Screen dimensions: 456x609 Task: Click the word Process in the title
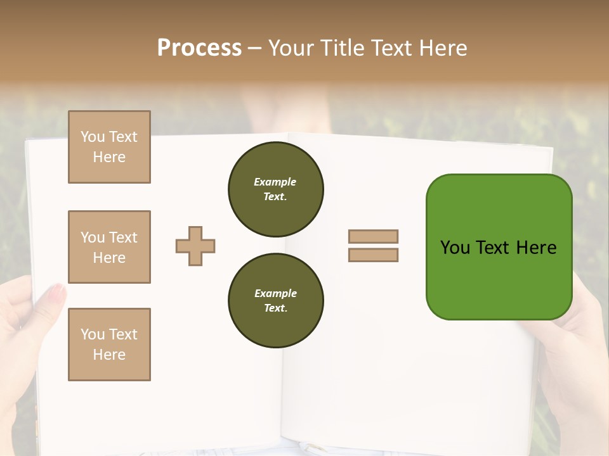click(x=199, y=48)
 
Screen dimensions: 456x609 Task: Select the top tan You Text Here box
click(x=109, y=147)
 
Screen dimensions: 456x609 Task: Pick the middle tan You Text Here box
click(x=109, y=247)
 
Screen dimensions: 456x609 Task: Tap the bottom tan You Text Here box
click(x=109, y=345)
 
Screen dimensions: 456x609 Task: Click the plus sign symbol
click(x=195, y=246)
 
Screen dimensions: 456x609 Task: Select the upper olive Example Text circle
click(x=275, y=189)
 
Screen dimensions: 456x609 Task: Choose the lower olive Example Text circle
click(x=275, y=301)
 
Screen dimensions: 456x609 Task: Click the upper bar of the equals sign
click(x=373, y=237)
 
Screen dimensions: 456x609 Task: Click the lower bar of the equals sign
click(x=373, y=255)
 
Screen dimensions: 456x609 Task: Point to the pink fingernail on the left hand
click(x=57, y=293)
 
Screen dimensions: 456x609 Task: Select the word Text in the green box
click(x=494, y=248)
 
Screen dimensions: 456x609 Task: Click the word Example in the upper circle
click(x=275, y=182)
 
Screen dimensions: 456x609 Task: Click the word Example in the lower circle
click(x=275, y=293)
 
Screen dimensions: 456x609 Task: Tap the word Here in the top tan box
click(x=109, y=157)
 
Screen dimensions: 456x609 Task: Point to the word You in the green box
click(x=455, y=248)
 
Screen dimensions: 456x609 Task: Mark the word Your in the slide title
click(x=291, y=48)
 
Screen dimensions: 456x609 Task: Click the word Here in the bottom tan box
click(x=109, y=355)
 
